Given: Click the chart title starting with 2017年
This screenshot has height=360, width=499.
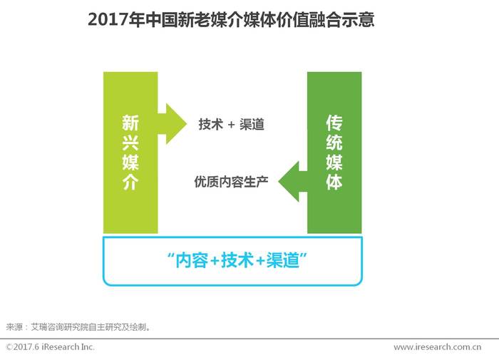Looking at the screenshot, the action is [x=231, y=20].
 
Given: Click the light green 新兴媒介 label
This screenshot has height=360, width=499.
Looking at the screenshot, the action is [x=130, y=153].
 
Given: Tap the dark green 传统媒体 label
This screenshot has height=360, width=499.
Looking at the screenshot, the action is [x=334, y=153].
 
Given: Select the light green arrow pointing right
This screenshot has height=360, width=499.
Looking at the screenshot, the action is [x=173, y=124].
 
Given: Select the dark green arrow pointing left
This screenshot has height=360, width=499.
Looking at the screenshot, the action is [x=293, y=182].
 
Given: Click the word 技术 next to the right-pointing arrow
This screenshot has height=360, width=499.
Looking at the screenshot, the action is [x=210, y=124].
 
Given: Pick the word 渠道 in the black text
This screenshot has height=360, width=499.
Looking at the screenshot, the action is [x=252, y=124].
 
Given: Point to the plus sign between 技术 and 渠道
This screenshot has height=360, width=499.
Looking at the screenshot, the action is [x=231, y=125].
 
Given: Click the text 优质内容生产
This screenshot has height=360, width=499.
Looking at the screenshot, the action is [x=231, y=182].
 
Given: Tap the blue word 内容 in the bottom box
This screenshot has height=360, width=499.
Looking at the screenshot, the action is [x=192, y=260].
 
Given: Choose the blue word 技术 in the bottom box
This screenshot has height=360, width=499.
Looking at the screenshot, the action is [x=237, y=260].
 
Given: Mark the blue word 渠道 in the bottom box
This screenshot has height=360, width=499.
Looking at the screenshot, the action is [x=282, y=260].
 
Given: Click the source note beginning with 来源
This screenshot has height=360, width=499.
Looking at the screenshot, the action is [x=78, y=327].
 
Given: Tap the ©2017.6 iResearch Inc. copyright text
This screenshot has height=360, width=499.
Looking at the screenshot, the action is [x=51, y=346].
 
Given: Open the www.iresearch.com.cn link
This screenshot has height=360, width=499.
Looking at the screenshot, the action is [x=437, y=347].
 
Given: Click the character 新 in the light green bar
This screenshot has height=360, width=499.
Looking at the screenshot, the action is [x=130, y=123].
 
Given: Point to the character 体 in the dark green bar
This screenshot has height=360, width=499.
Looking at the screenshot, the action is [x=334, y=182].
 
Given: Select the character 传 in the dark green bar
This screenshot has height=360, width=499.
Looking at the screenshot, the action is [x=334, y=123].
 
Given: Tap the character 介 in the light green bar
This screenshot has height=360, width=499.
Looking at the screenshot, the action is [x=130, y=182].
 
